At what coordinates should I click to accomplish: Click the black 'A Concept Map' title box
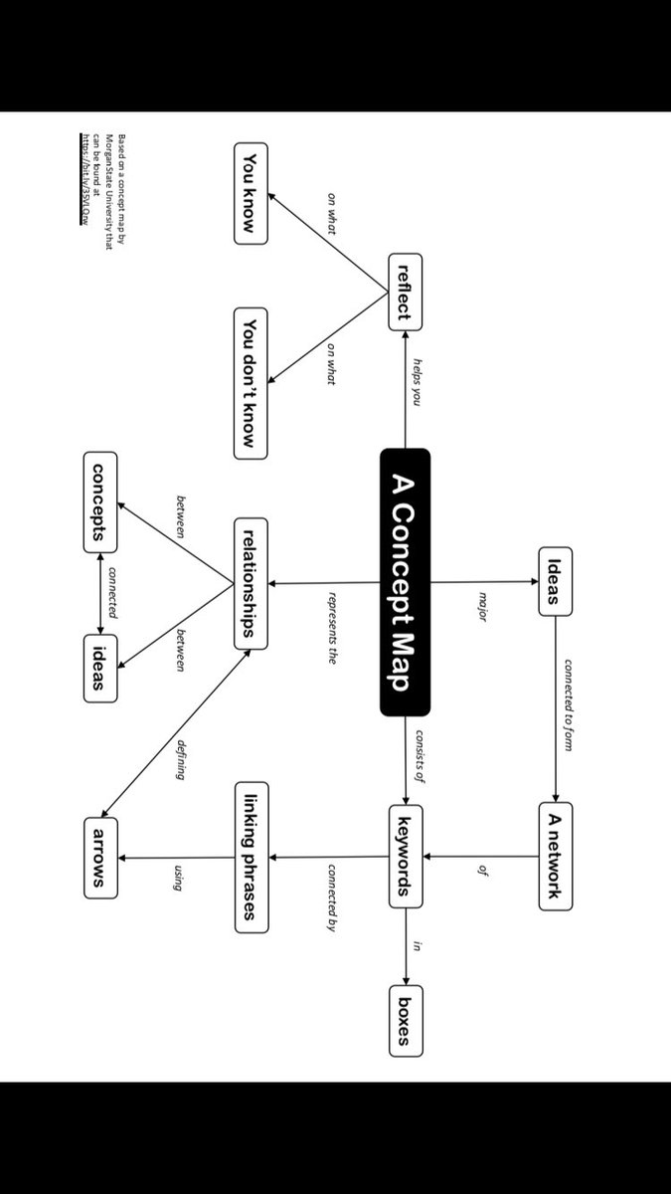coord(405,582)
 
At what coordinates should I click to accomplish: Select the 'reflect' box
coord(405,291)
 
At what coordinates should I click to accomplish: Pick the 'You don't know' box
coord(251,383)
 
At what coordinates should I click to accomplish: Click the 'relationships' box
coord(251,583)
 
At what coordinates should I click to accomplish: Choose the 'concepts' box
coord(99,502)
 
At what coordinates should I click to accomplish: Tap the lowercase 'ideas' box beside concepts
coord(99,667)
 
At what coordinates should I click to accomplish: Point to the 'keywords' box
coord(405,844)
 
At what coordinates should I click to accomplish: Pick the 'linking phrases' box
coord(251,858)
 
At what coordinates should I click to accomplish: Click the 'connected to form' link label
coord(569,704)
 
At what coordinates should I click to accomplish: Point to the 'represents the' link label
coord(333,627)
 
